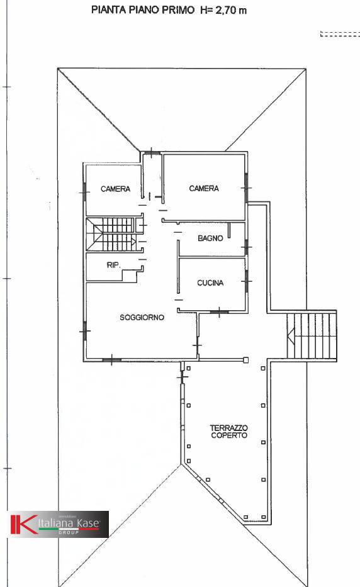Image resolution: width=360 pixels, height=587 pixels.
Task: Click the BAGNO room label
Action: pos(210,238)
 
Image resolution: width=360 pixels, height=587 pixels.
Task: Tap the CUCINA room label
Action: pos(210,283)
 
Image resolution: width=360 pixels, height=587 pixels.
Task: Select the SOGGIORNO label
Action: pos(142,318)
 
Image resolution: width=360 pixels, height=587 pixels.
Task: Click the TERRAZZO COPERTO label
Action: pos(228,432)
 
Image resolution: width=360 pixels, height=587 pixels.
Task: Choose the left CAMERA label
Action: pos(115,189)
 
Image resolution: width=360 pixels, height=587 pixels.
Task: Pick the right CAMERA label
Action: pos(204,189)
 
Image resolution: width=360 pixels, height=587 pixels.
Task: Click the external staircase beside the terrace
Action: pos(312,335)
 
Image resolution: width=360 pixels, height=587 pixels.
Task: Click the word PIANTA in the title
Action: pos(108,10)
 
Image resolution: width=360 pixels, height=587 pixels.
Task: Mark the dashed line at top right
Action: pos(340,34)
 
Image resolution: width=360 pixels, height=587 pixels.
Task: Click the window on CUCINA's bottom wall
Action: pos(218,310)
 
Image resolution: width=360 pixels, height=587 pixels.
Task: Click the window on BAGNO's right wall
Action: pos(246,247)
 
